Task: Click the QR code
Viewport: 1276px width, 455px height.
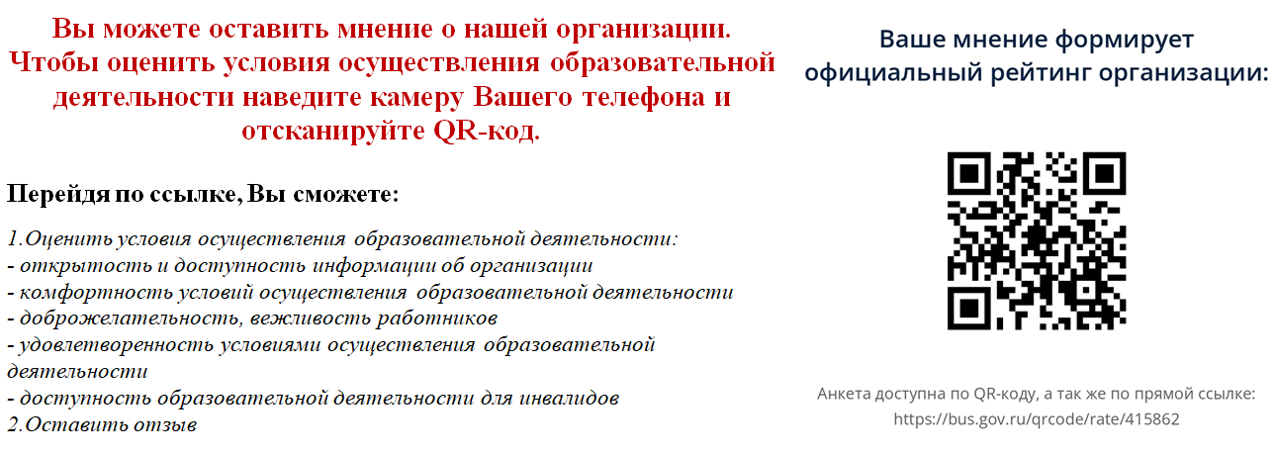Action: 1037,240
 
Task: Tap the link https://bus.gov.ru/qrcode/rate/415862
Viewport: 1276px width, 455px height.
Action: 1037,419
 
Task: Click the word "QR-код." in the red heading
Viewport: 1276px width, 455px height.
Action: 487,131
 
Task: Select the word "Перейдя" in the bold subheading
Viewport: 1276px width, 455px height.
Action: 58,194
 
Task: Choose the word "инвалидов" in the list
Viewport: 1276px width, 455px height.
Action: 569,398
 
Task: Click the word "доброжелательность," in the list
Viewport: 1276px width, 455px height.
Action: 130,318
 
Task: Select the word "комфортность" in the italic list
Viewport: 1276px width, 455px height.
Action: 96,292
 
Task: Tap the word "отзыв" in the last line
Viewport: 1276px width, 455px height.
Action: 167,424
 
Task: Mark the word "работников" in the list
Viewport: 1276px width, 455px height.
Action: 437,318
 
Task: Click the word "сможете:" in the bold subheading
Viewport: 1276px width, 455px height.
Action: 346,194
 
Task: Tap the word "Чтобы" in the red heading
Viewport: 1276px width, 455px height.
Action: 54,62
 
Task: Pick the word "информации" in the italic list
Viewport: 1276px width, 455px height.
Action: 378,265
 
